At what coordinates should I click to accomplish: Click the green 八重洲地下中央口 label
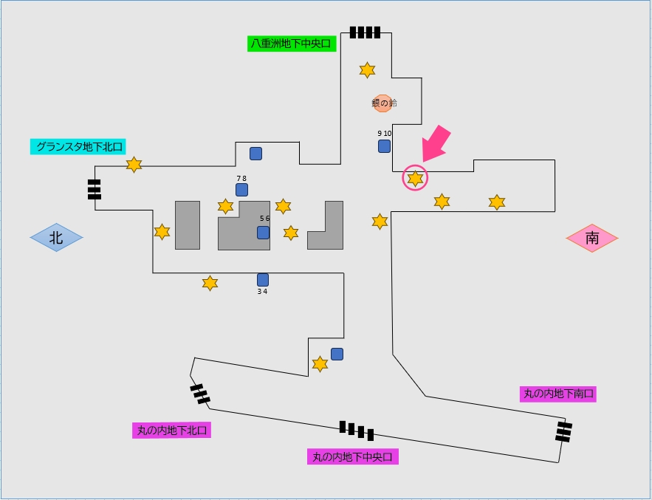coord(292,44)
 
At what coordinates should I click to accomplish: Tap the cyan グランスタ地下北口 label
coord(80,146)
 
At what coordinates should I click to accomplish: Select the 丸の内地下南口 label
coord(558,394)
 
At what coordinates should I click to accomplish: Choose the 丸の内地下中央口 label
coord(352,456)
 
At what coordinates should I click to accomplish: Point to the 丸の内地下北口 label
coord(171,430)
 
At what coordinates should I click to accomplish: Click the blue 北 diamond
coord(56,238)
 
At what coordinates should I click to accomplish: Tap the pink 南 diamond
coord(592,238)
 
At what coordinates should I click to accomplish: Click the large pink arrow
coord(439,143)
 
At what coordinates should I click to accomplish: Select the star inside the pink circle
coord(416,178)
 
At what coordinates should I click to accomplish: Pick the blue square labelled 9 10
coord(384,145)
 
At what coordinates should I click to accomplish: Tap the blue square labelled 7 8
coord(241,190)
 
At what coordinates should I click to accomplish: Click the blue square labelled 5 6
coord(263,233)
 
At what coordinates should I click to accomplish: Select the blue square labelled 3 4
coord(262,279)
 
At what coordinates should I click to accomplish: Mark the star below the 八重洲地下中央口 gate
coord(367,70)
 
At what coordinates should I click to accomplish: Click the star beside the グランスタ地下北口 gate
coord(134,165)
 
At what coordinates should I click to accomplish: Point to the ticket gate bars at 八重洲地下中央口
coord(365,32)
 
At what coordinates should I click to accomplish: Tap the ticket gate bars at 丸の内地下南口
coord(564,431)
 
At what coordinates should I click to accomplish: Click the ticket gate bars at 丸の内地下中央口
coord(357,430)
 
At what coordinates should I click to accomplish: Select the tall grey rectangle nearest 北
coord(188,225)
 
